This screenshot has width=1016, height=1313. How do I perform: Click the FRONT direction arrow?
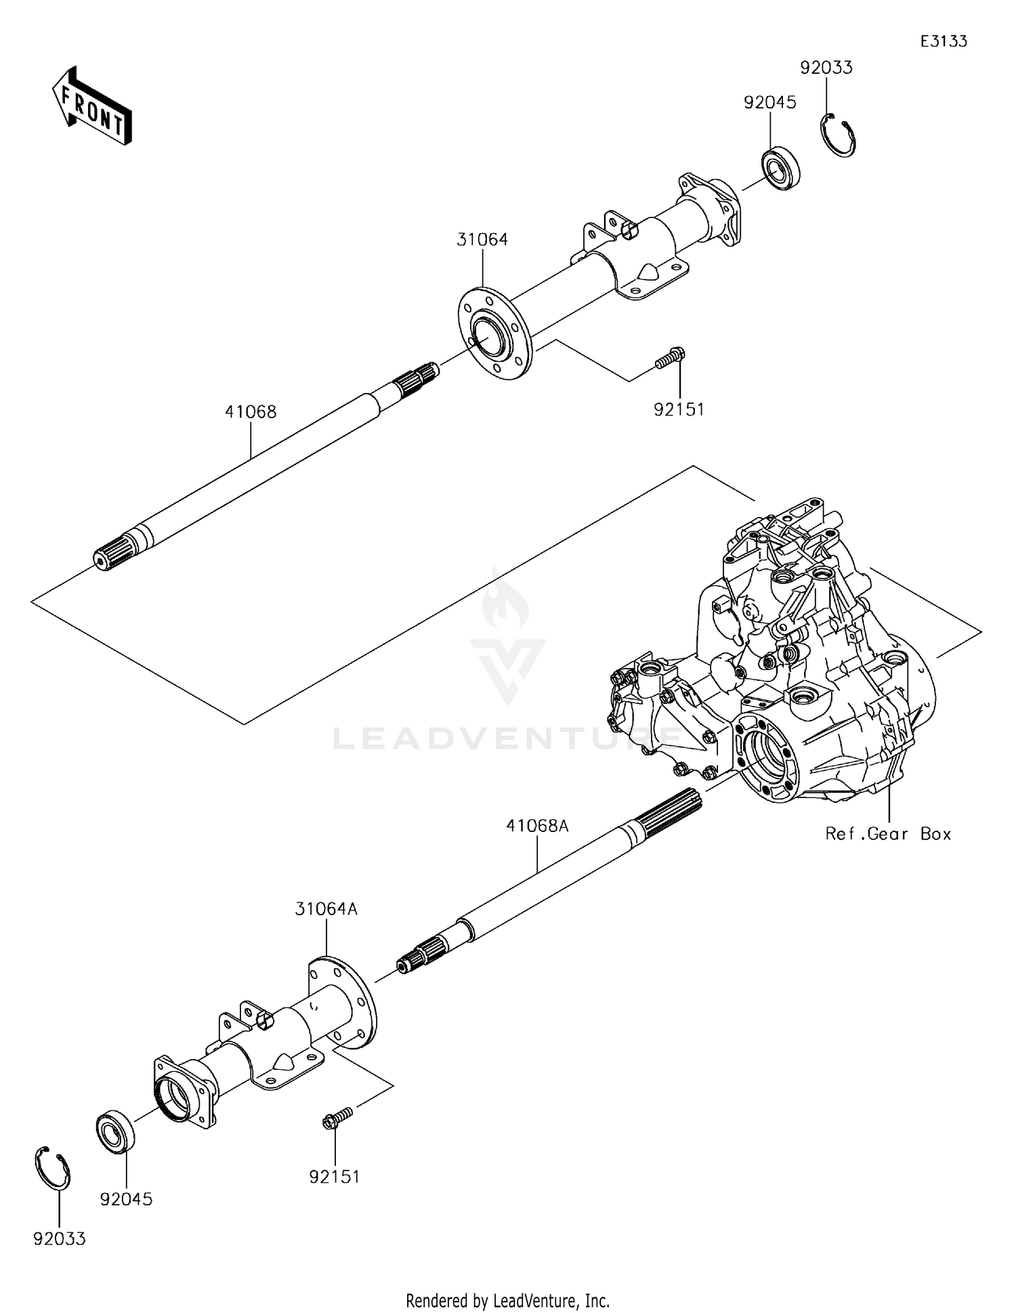[91, 106]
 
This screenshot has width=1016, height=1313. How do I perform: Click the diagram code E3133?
[943, 41]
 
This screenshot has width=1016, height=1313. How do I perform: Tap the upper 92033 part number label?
[826, 68]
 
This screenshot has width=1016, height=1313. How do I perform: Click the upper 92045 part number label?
[770, 102]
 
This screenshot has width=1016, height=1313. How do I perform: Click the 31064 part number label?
[482, 239]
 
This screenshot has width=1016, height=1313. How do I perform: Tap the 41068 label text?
[251, 412]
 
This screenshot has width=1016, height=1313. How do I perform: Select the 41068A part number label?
[537, 826]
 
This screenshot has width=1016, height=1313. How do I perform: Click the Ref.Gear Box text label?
[888, 834]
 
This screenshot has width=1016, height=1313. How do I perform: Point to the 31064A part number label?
[326, 909]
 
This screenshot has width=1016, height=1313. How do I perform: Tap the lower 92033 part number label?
[60, 1239]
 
